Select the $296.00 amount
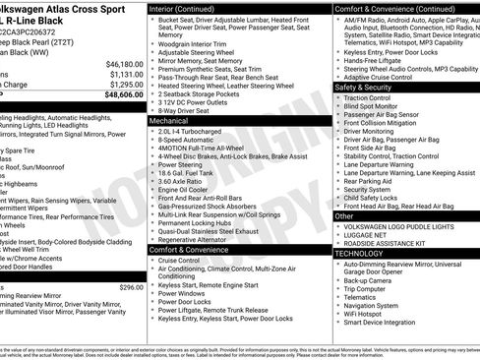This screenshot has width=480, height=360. [x=131, y=286]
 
